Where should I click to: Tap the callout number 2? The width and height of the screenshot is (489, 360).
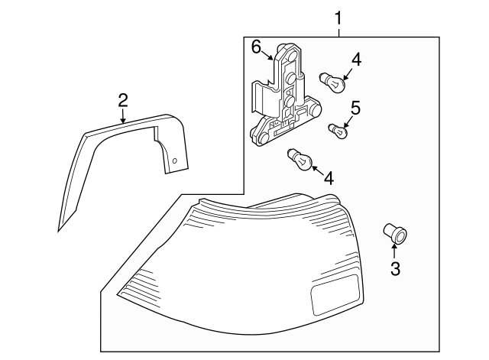click(x=122, y=99)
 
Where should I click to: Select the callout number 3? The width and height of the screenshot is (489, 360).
click(x=395, y=268)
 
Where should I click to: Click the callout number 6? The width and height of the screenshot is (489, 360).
click(x=257, y=47)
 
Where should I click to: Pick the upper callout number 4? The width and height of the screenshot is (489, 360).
click(x=357, y=59)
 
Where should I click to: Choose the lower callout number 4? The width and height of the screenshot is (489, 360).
click(x=329, y=178)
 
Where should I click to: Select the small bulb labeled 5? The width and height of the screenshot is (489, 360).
click(x=337, y=131)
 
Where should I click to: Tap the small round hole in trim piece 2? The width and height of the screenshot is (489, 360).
click(x=174, y=161)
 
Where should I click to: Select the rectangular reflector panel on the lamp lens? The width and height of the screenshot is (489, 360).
click(x=335, y=296)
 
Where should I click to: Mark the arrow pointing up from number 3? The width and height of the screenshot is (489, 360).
click(x=395, y=251)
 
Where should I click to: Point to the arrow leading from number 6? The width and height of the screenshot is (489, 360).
click(x=268, y=54)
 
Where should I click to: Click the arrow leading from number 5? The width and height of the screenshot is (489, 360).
click(x=348, y=118)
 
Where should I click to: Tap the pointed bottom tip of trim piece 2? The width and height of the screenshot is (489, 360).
click(x=60, y=229)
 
